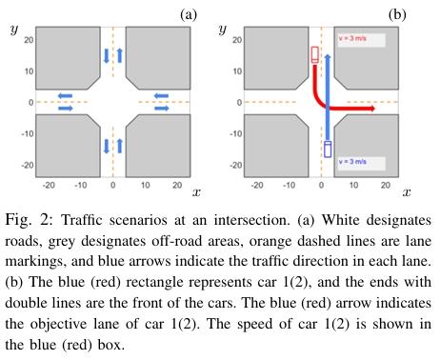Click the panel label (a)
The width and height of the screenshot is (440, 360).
(188, 13)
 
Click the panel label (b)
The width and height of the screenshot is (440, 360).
(396, 13)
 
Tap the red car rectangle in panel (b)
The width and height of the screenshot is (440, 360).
(315, 55)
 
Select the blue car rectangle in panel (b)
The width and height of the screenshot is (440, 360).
(328, 150)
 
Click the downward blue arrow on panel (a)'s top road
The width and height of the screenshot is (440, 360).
(106, 59)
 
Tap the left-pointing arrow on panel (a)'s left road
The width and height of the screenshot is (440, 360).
(64, 94)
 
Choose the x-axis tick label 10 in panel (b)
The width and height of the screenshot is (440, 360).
(352, 182)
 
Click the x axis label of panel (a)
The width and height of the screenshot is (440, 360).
(194, 193)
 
